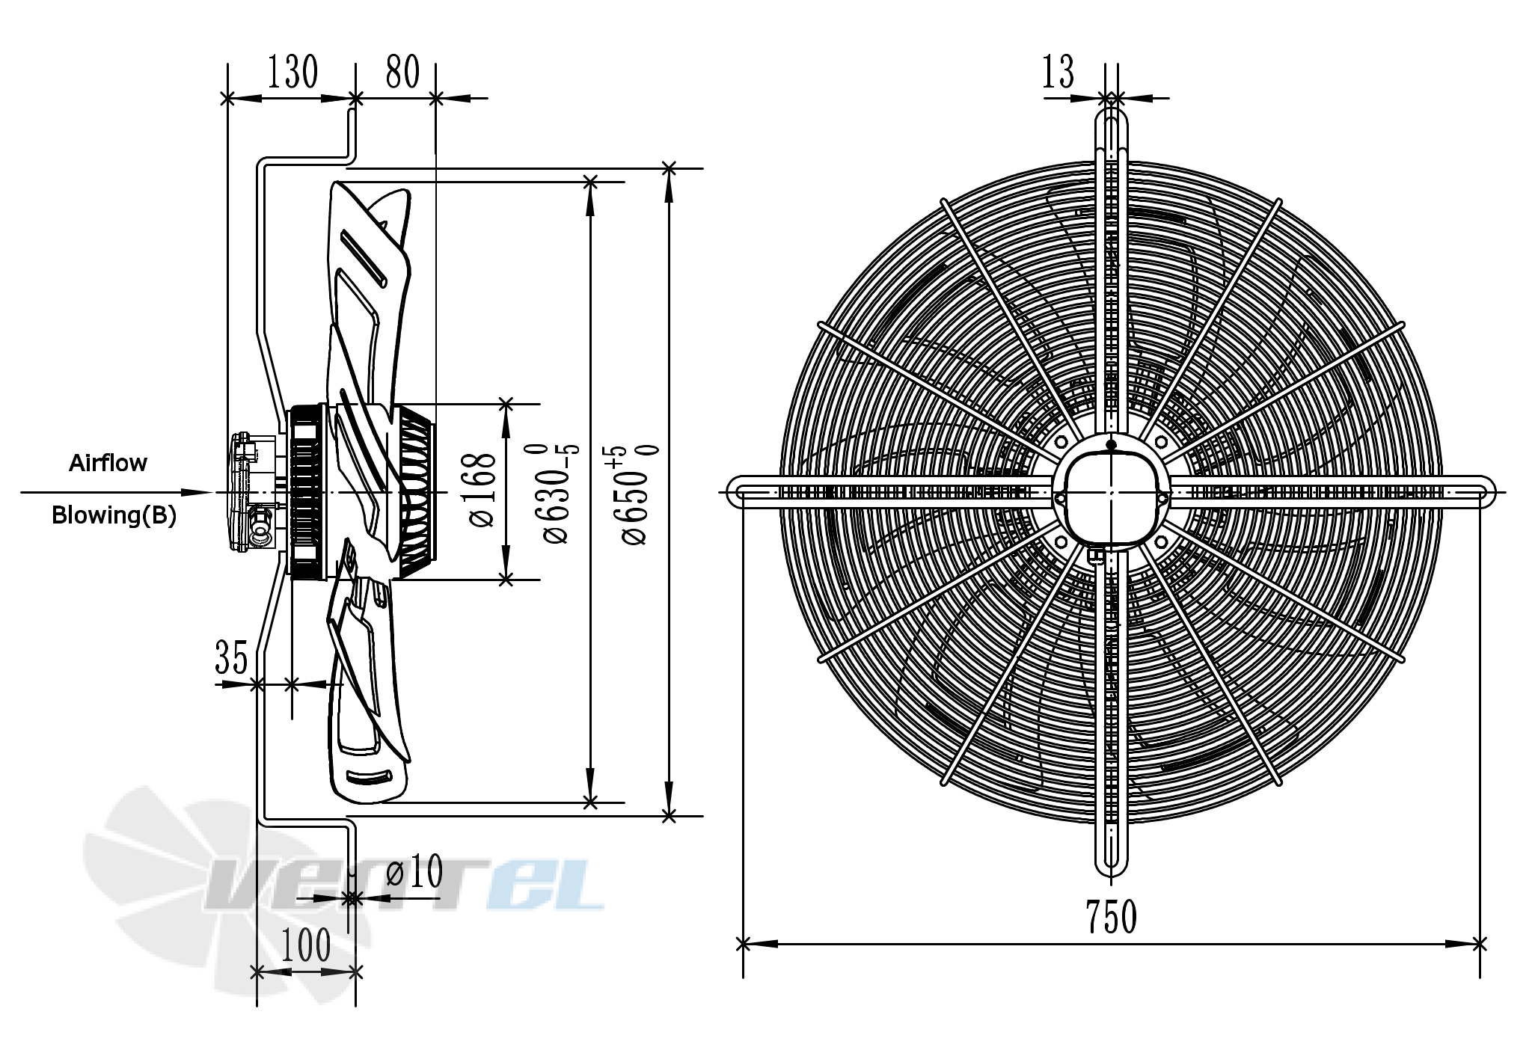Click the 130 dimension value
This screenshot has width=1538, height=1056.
(x=292, y=73)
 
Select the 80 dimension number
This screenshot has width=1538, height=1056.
(x=402, y=73)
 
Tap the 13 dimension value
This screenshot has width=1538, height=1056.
(x=1058, y=73)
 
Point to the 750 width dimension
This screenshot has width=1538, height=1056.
(x=1111, y=917)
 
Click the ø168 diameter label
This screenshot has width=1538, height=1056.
(x=483, y=491)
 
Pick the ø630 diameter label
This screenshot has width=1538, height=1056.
(x=559, y=494)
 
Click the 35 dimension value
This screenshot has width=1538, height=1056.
(x=231, y=657)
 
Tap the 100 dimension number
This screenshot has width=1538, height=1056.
(x=306, y=945)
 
